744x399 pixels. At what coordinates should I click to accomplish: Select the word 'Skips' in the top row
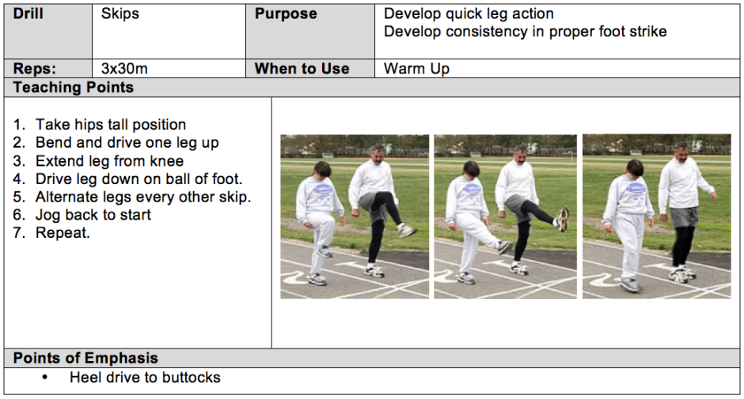click(x=120, y=13)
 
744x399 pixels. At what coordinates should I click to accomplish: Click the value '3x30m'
click(x=124, y=69)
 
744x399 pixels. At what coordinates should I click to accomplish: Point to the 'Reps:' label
click(x=35, y=69)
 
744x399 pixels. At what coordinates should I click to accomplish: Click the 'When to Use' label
click(x=302, y=69)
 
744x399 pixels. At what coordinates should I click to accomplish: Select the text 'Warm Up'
click(x=416, y=70)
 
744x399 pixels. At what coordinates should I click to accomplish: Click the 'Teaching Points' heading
click(x=74, y=87)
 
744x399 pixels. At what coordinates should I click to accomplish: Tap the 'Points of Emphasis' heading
click(x=85, y=358)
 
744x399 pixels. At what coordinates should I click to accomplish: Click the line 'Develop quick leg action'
click(x=469, y=14)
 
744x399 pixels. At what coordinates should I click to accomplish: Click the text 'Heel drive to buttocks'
click(x=145, y=377)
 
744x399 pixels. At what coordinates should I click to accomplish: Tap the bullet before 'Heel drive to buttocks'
click(x=44, y=378)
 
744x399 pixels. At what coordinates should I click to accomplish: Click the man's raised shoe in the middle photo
click(x=563, y=220)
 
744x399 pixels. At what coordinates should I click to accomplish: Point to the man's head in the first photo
click(x=377, y=155)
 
